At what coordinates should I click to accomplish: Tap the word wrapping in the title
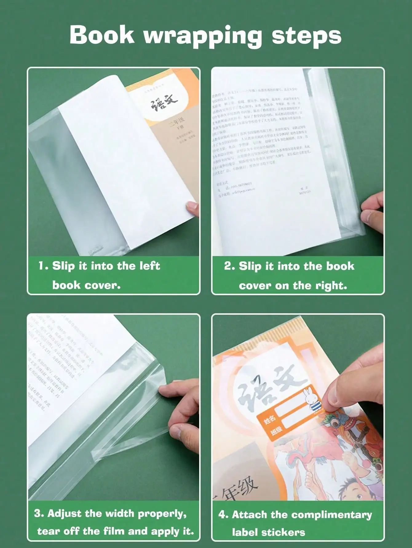203,36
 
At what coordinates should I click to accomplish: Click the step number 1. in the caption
43,266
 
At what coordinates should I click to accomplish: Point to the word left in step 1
150,266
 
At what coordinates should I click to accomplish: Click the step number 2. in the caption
229,266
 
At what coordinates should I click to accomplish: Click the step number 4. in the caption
223,514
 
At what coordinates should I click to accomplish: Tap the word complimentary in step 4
332,515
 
